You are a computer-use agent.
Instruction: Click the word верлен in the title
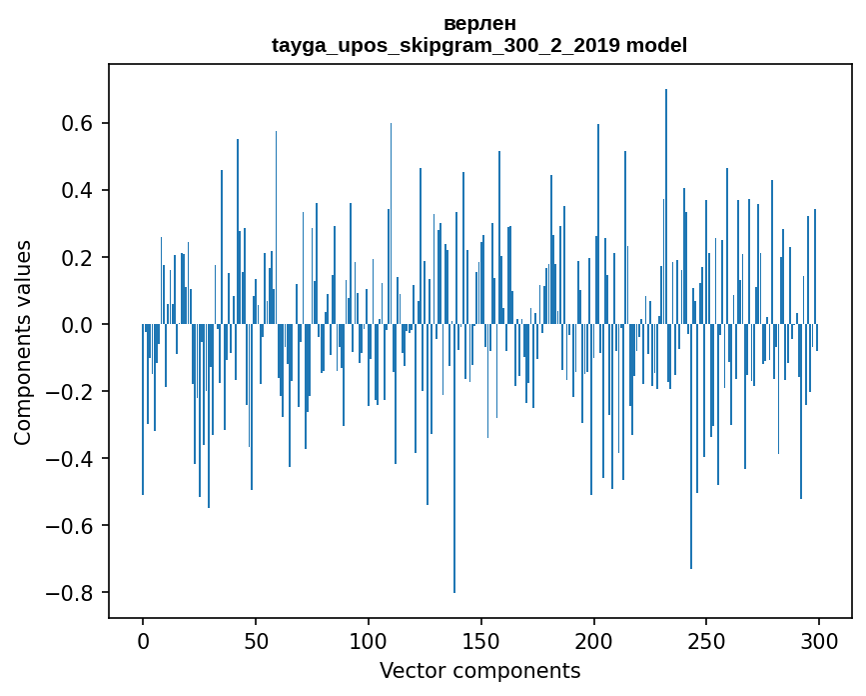479,23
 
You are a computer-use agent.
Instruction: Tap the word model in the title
656,45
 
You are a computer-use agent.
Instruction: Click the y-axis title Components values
23,342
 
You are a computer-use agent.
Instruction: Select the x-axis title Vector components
479,670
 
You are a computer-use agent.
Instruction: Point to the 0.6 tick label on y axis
73,124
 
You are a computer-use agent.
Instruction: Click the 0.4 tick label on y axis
73,191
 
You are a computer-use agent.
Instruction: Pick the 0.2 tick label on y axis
73,258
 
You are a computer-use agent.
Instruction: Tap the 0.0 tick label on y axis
73,325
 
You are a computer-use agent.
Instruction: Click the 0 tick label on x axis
143,641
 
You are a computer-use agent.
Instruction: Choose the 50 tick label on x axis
256,641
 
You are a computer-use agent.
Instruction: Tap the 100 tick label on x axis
369,641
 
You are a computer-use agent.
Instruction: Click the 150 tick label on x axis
481,641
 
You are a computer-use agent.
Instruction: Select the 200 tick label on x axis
594,641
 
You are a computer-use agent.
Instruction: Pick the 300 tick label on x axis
819,641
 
